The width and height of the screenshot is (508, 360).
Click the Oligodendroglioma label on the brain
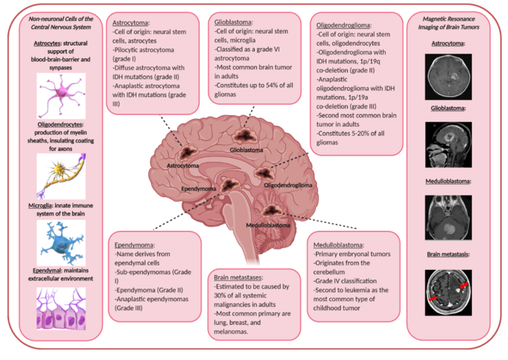pos(288,184)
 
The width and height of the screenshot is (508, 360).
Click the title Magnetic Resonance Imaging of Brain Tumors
pos(449,22)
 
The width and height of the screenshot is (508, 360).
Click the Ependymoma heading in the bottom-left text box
pos(135,244)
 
